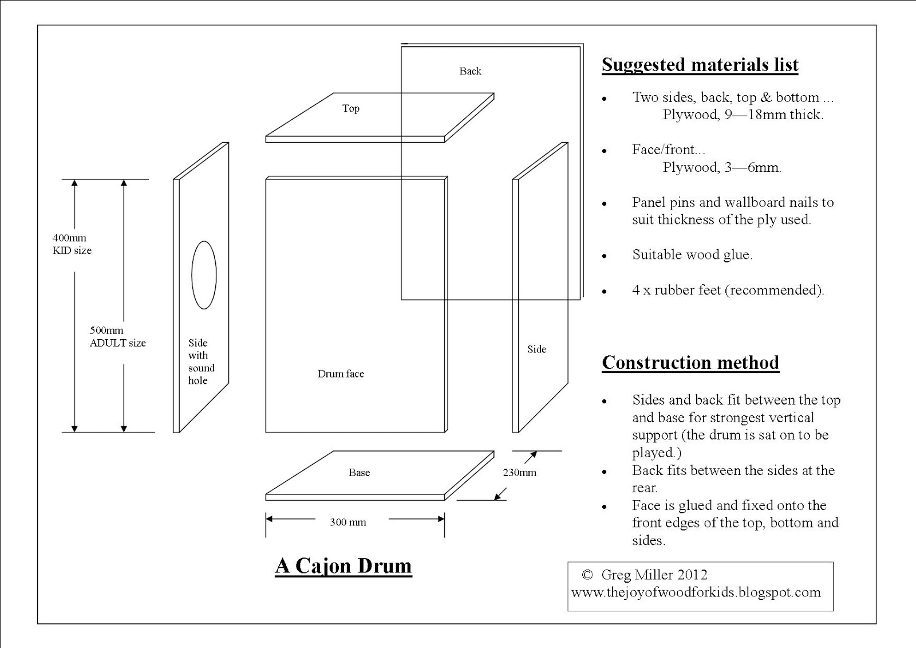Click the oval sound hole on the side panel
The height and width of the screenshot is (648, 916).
coord(204,275)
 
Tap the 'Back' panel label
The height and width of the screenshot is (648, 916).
coord(470,71)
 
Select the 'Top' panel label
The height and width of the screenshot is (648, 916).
coord(351,108)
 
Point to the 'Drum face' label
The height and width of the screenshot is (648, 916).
coord(341,374)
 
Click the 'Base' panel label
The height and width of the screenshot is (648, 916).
coord(359,473)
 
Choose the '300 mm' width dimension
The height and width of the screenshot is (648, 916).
coord(348,522)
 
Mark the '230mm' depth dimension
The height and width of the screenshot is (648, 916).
coord(520,473)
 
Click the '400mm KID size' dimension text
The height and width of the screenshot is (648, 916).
coord(72,244)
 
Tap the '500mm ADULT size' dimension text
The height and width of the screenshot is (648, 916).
coord(117,336)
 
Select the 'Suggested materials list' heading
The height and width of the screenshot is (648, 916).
coord(700,65)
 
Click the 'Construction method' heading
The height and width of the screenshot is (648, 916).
coord(690,363)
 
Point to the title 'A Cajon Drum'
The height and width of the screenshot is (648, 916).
coord(343,565)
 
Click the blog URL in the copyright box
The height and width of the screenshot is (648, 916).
coord(696,592)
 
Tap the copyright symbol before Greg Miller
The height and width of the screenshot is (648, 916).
coord(587,575)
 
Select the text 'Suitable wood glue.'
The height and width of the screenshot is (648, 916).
coord(692,254)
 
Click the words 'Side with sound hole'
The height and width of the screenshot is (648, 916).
coord(201,362)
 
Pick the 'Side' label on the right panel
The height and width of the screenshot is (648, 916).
coord(536,349)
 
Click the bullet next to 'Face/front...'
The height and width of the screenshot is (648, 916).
coord(605,151)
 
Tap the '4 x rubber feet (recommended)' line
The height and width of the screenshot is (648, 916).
coord(728,290)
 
